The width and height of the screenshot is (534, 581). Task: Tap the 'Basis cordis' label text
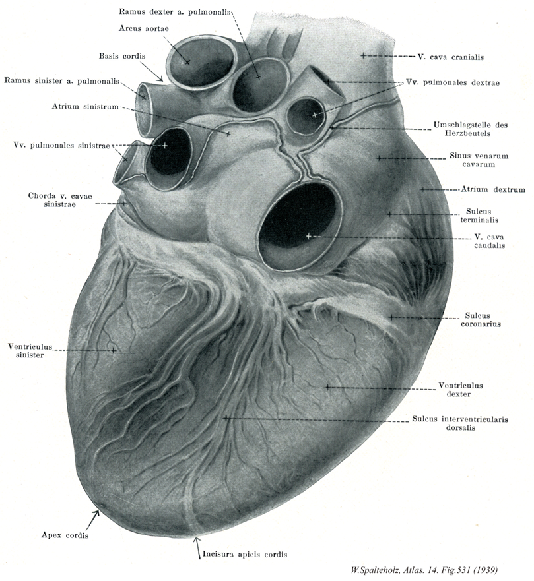[122, 56]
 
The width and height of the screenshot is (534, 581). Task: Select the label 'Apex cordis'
[65, 535]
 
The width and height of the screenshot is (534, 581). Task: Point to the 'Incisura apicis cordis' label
[245, 555]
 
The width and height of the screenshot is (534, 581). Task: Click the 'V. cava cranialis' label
[451, 57]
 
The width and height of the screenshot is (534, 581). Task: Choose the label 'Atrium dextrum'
[493, 189]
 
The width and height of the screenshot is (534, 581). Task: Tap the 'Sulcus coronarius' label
[481, 320]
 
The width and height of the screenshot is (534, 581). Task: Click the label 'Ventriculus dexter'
[461, 390]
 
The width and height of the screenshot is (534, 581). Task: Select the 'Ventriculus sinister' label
[30, 351]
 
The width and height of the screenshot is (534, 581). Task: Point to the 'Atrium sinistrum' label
[85, 107]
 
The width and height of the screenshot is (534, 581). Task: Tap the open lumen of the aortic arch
[202, 62]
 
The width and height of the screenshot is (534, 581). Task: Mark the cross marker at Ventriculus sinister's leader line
[114, 350]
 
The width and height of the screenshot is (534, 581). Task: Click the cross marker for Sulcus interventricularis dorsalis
[226, 418]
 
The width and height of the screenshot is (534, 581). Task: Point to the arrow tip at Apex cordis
[100, 510]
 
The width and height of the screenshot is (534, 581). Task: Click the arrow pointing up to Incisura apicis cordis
[197, 547]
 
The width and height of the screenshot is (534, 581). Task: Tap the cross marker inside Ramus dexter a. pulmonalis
[259, 77]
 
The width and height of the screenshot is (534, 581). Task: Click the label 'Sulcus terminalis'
[479, 216]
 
